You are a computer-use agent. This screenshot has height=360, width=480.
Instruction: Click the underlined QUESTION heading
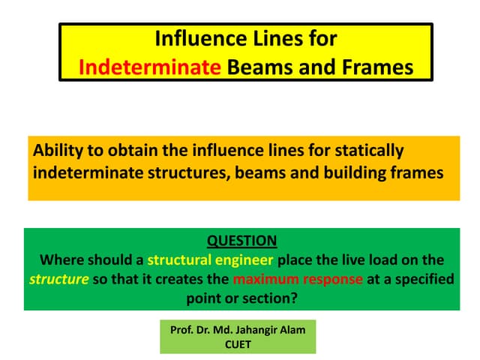tap(241, 241)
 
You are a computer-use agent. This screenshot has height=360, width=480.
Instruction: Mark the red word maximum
tap(264, 280)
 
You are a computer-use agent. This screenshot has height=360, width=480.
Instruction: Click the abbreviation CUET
tap(238, 345)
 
